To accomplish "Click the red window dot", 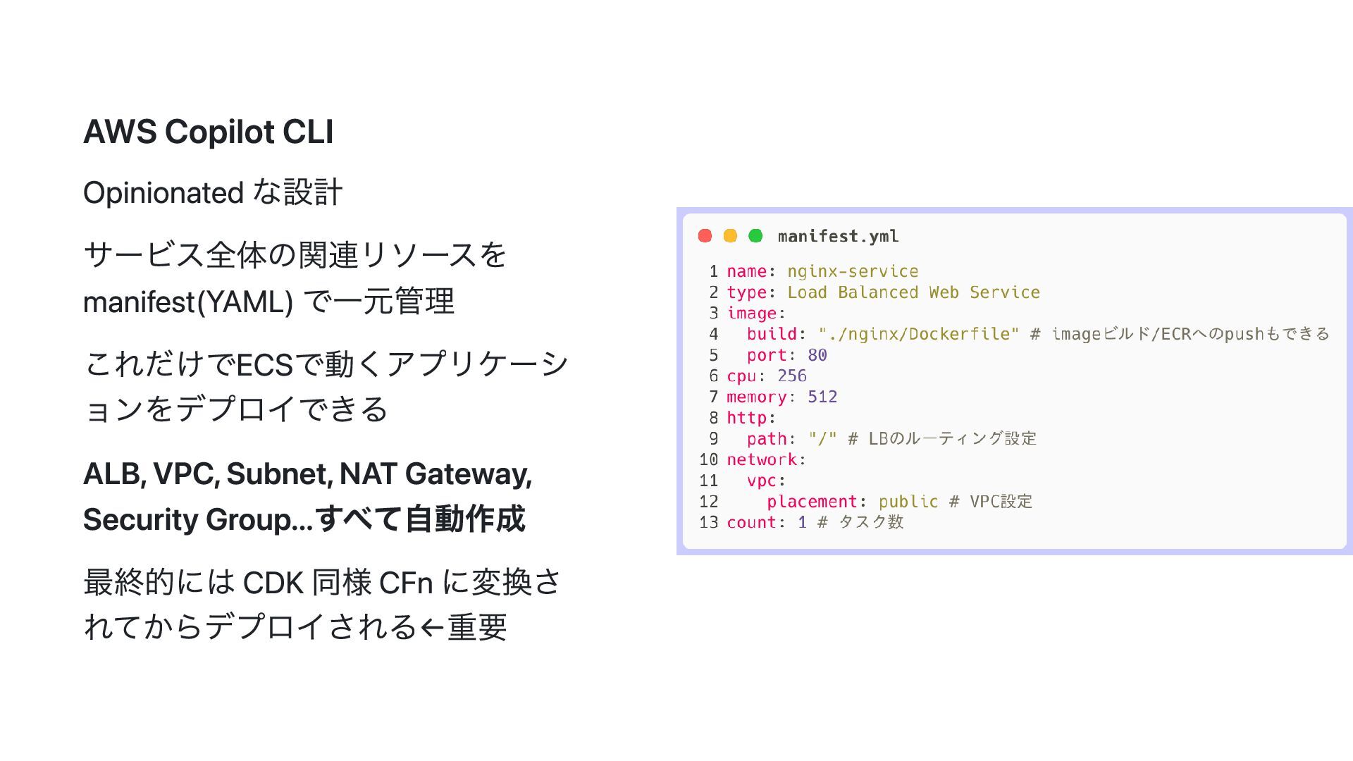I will coord(705,236).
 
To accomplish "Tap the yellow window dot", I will coord(730,236).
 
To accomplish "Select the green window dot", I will coord(755,236).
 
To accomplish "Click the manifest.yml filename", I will coord(838,237).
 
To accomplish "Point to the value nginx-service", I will coord(853,271).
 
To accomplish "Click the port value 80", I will coord(817,355).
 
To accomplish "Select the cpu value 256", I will coord(792,376).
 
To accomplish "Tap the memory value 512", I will coord(822,397).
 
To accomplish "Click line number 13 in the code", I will coord(708,522).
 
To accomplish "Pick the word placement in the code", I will coord(812,502).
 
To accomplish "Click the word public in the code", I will coord(908,502).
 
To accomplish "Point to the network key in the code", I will coord(762,459).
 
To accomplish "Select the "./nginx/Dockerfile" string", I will coord(918,334).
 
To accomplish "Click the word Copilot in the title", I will coord(219,132).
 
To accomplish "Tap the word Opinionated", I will coord(163,193).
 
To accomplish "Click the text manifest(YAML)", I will coord(187,302).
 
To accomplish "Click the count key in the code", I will coord(751,522).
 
